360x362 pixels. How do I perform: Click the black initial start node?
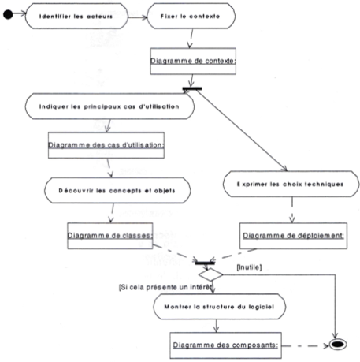pos(8,14)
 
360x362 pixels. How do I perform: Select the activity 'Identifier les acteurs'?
pos(76,16)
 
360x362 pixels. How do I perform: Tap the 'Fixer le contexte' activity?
pos(191,16)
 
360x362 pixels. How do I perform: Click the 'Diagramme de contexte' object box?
pos(193,61)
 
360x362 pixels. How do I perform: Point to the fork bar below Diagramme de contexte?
pos(192,89)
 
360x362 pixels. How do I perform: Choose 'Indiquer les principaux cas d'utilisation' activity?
pos(109,106)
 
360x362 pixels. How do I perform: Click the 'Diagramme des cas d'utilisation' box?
pos(106,145)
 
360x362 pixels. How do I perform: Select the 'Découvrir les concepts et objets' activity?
pos(117,190)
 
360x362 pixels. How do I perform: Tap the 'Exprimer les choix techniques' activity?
pos(291,184)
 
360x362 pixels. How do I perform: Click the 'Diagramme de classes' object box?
pos(110,236)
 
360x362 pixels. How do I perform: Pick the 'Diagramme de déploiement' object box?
pos(293,236)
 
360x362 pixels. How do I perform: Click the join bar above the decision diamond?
pos(205,263)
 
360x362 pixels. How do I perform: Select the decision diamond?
pos(210,274)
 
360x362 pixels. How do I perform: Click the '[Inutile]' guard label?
pos(249,267)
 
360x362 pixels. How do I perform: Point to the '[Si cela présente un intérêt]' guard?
pos(166,287)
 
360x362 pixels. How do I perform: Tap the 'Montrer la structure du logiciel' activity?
pos(219,307)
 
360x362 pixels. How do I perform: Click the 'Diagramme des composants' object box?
pos(225,345)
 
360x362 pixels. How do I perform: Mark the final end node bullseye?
pos(338,345)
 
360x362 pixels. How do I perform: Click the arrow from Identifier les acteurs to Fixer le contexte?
pos(137,17)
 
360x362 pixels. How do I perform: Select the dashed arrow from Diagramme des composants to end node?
pos(306,346)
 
